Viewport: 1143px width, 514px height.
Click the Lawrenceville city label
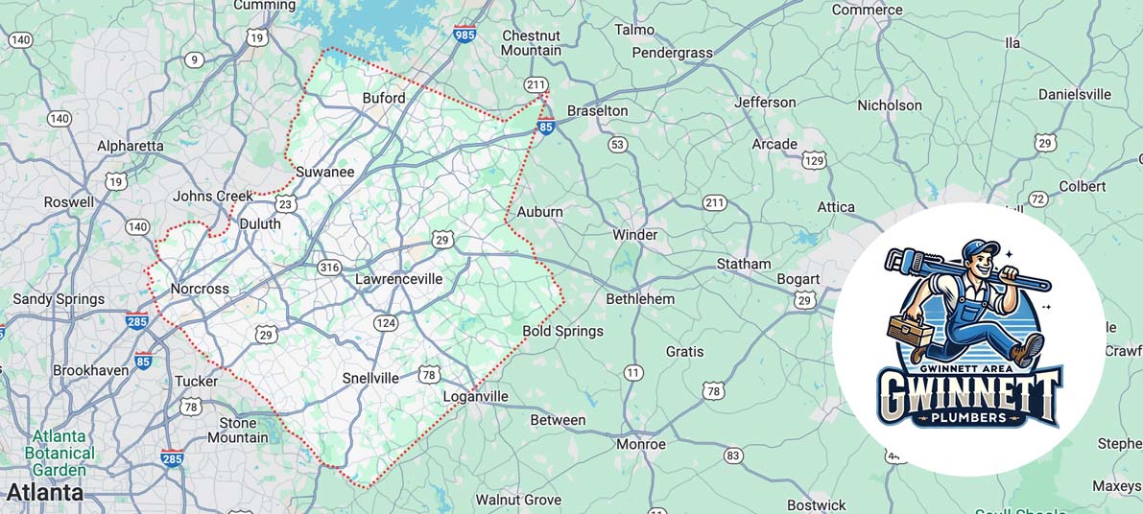coord(399,279)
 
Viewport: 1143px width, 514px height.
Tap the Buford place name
coord(384,98)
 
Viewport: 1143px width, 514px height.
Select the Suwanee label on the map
coord(324,172)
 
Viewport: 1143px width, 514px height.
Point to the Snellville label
coord(370,378)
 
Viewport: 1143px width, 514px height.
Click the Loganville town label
coord(475,396)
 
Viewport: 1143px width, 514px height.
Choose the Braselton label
coord(597,110)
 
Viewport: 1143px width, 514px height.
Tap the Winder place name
coord(635,235)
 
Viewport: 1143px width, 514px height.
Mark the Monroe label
coord(640,444)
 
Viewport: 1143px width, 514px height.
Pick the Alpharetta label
coord(131,146)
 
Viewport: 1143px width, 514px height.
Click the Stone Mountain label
coord(238,430)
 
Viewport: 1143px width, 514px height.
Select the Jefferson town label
coord(765,102)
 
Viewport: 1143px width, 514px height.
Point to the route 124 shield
coord(386,322)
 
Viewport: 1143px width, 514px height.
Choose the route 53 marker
coord(617,145)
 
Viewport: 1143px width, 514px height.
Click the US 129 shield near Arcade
coord(814,160)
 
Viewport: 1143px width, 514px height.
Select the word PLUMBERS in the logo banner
coord(969,418)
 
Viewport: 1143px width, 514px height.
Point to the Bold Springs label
coord(562,331)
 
